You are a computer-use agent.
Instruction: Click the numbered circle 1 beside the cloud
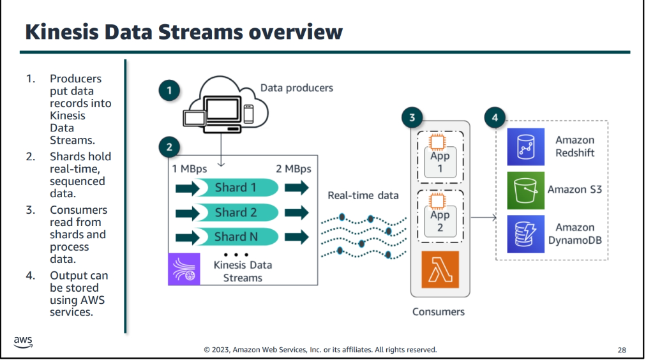point(169,91)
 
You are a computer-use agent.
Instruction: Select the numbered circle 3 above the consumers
point(412,117)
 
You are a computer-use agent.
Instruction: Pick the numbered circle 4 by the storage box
point(495,117)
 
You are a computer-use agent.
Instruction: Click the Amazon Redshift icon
point(525,147)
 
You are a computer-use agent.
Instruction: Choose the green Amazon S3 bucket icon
point(525,190)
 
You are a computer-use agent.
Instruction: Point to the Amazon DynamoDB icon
point(525,234)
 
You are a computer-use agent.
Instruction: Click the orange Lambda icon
point(440,269)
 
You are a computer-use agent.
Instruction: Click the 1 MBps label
point(190,169)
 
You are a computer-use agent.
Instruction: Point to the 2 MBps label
point(293,169)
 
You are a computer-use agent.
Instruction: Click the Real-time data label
point(364,195)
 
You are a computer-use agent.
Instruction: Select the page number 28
point(622,350)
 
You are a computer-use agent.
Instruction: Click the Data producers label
point(297,87)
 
